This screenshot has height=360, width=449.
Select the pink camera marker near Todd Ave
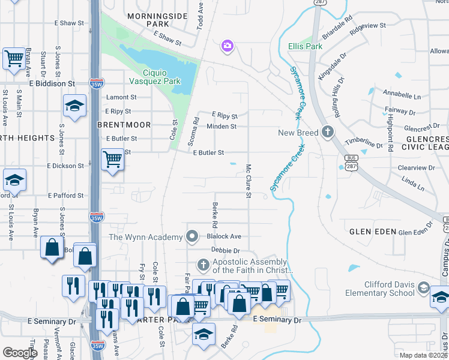227,45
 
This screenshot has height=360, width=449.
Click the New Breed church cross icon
327,131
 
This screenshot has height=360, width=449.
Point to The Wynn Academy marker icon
192,237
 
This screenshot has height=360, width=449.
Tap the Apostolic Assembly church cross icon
203,265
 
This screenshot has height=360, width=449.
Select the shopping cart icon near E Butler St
112,160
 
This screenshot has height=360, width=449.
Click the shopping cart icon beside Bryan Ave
14,58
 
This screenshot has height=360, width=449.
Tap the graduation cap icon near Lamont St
74,106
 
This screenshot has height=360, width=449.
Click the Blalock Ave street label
224,236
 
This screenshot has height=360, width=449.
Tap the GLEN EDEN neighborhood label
373,231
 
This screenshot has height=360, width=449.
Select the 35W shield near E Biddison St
95,83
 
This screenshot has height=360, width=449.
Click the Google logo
20,353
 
